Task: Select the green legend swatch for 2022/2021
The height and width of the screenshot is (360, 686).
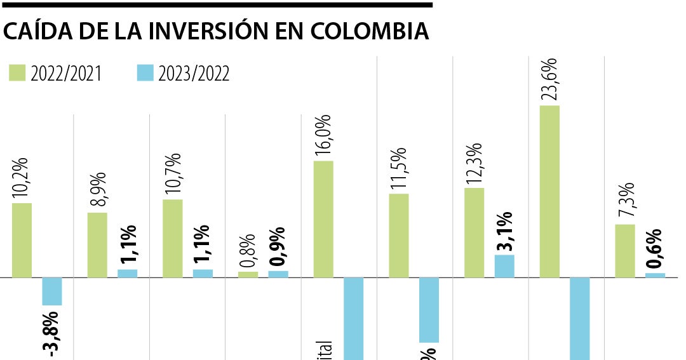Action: pos(17,72)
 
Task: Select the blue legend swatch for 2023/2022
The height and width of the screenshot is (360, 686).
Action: pos(145,72)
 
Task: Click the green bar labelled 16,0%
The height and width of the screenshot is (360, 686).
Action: pos(323,219)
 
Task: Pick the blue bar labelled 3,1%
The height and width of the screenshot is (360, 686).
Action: pos(504,266)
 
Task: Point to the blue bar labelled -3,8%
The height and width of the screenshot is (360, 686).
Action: pos(52,291)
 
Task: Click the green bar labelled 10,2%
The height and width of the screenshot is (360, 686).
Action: pos(22,240)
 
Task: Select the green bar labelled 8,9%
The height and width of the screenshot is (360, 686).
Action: pos(97,245)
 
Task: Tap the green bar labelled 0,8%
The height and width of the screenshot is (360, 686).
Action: pos(248,274)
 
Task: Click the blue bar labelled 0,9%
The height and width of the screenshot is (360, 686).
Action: pos(278,274)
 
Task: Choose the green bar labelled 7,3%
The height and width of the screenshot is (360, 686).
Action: pos(625,251)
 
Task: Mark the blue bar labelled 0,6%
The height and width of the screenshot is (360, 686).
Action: pos(655,276)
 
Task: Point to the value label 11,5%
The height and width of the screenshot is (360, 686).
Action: pos(399,168)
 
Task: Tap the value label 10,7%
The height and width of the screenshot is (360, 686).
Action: pos(173,174)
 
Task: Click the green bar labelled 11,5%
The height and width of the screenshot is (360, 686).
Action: pos(399,236)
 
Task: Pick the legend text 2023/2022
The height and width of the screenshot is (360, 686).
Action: pos(194,74)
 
